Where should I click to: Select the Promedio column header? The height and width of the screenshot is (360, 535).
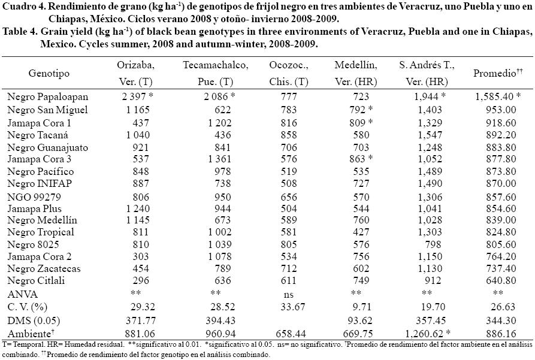point(495,73)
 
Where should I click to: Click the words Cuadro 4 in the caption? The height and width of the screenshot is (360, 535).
point(22,6)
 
